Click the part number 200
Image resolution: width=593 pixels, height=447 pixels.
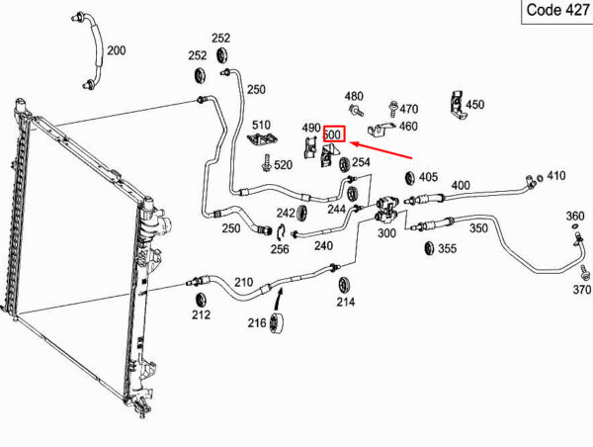pos(117,49)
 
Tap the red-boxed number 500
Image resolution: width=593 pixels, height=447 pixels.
pos(333,134)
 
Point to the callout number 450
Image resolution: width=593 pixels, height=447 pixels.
pos(474,105)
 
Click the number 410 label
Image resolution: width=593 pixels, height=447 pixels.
pos(555,176)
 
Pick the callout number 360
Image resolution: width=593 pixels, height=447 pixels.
pos(574,216)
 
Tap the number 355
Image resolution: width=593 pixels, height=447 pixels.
pos(447,249)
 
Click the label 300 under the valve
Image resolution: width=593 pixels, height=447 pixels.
pos(386,234)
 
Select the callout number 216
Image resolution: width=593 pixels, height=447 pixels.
pos(257,322)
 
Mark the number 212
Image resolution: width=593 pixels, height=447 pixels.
pos(201,316)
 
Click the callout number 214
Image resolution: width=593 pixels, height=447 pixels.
pos(346,303)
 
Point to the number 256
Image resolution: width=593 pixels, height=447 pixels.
pos(280,250)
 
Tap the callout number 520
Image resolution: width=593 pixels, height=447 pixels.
pos(283,165)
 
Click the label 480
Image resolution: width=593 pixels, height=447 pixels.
pos(354,97)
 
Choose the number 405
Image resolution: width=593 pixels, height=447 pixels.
pos(427,177)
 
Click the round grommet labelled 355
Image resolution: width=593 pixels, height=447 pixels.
pos(429,246)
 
